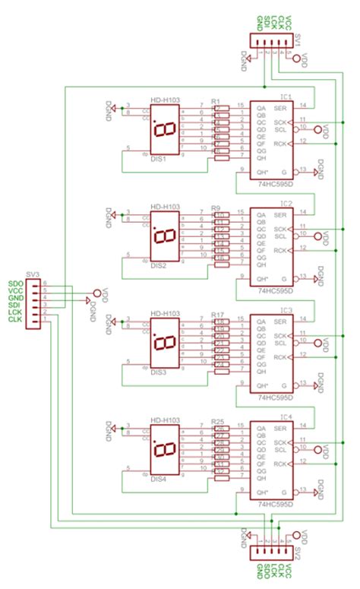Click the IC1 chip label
286,97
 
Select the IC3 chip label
286,310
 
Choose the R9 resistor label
216,207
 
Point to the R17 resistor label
217,315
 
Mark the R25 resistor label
217,421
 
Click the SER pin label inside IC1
280,108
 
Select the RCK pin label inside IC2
280,250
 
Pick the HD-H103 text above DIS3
164,314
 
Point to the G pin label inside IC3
285,384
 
